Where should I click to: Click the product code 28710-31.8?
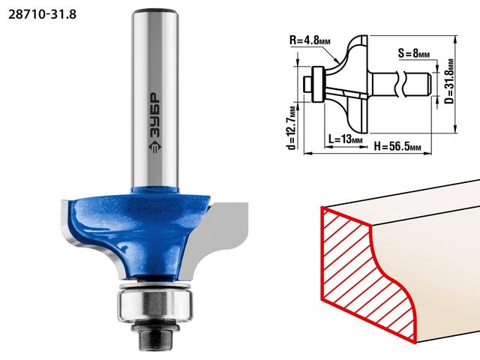click(42, 14)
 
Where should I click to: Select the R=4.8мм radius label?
click(310, 40)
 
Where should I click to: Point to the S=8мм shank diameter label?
click(413, 53)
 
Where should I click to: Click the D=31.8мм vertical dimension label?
click(449, 81)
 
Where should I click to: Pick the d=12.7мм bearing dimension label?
click(292, 127)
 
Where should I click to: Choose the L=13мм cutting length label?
click(345, 139)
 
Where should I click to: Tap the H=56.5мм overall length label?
click(397, 146)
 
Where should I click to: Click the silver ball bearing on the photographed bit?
click(155, 304)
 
